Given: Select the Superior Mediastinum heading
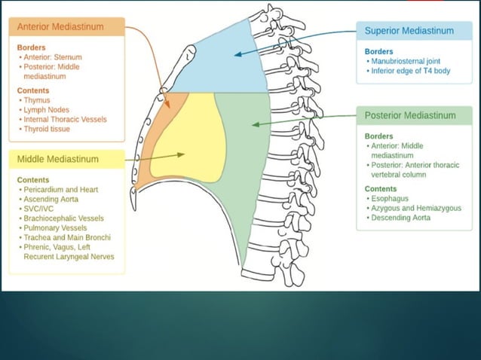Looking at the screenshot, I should [x=409, y=31].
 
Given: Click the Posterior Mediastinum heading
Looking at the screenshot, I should [x=410, y=115].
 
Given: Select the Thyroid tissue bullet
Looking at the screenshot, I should [x=47, y=129].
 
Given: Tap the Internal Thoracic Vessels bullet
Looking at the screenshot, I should [x=64, y=119].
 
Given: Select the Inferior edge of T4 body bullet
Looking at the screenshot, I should [x=412, y=71].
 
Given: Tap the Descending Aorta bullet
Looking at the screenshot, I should [x=400, y=218].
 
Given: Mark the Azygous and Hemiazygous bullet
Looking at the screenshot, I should [x=415, y=208].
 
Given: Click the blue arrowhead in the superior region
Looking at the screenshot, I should [x=236, y=53].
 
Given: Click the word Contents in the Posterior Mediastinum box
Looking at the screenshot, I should [x=381, y=188].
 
